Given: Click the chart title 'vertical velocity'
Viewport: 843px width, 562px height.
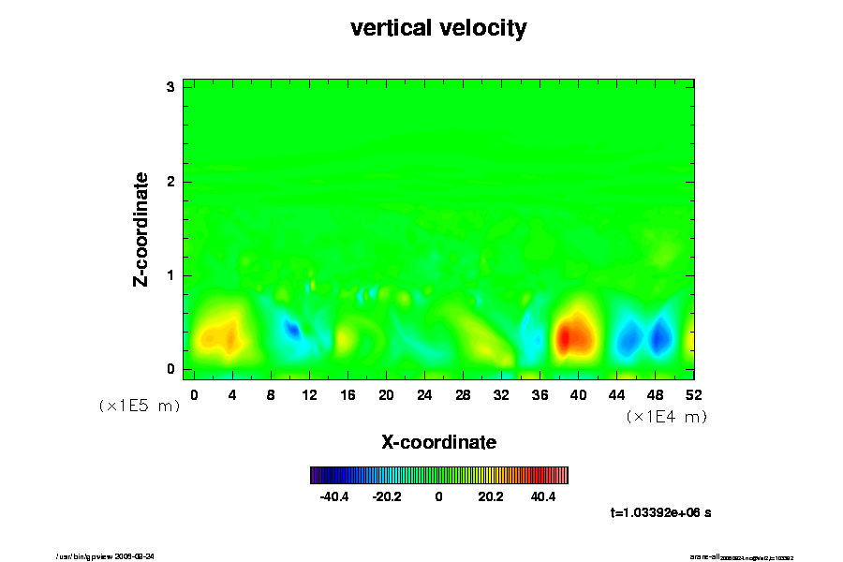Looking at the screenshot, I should click(438, 28).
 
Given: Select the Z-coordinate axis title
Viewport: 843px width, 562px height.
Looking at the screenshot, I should click(141, 229).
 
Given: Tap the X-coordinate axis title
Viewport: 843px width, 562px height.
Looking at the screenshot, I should click(438, 441).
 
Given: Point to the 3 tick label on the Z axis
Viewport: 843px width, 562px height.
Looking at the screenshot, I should click(170, 87).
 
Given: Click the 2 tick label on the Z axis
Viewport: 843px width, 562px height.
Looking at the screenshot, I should click(170, 181).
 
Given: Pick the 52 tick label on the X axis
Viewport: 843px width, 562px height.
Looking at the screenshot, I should click(694, 395).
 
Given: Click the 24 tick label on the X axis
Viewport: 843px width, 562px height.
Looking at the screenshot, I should click(424, 395).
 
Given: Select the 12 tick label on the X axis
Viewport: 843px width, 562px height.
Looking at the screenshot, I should click(309, 395).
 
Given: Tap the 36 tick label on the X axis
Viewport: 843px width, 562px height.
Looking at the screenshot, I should click(540, 395).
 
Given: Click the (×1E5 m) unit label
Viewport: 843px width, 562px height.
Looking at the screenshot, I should click(139, 406).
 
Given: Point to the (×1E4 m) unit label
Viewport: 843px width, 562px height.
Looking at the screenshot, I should click(666, 417).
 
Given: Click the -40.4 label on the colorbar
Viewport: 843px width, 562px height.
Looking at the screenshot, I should click(334, 496).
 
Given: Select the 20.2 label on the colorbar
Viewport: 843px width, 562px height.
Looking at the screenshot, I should click(491, 496).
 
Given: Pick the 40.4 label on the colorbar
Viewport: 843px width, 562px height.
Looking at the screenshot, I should click(543, 496).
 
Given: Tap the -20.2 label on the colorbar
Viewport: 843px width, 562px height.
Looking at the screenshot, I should click(387, 496).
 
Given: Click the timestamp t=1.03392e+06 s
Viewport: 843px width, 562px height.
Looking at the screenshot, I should click(660, 512).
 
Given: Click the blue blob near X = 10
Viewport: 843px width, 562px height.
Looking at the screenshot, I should click(291, 329).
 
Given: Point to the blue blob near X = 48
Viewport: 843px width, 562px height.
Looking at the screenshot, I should click(661, 334).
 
